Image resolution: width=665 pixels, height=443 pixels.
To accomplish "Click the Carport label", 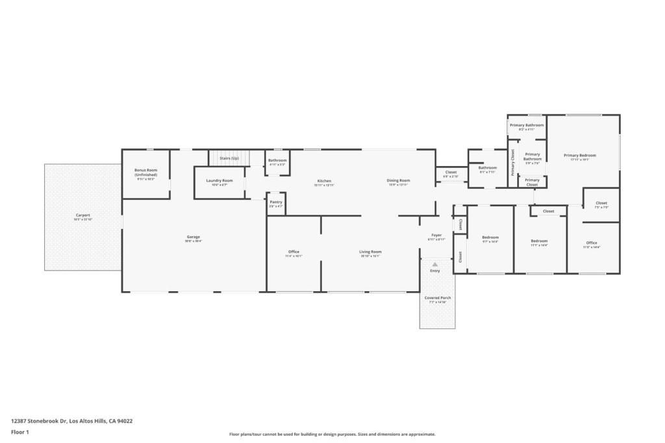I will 82,215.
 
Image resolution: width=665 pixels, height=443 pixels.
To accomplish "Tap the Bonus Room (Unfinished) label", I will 146,173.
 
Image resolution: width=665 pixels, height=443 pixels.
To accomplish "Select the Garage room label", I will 194,237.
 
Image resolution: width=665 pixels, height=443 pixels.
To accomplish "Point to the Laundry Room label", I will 220,180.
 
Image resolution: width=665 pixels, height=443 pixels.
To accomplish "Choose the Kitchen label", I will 324,181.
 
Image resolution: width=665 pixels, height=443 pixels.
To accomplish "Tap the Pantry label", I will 276,202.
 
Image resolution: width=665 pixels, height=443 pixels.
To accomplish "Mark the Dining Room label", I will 398,180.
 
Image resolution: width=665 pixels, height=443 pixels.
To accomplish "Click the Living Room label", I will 370,252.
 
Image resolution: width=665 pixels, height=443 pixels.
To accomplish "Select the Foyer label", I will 436,235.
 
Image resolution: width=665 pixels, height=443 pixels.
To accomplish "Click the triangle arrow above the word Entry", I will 434,264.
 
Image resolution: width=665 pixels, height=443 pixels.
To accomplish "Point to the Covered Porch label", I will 438,298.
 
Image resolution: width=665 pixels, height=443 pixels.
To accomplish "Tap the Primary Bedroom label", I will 579,155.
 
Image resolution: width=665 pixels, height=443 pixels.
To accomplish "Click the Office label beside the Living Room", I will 294,252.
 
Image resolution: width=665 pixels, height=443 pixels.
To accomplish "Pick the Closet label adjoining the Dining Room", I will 451,172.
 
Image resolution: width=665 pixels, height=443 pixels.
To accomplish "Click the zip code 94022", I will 125,420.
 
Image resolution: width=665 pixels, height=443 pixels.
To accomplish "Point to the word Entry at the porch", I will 434,270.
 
